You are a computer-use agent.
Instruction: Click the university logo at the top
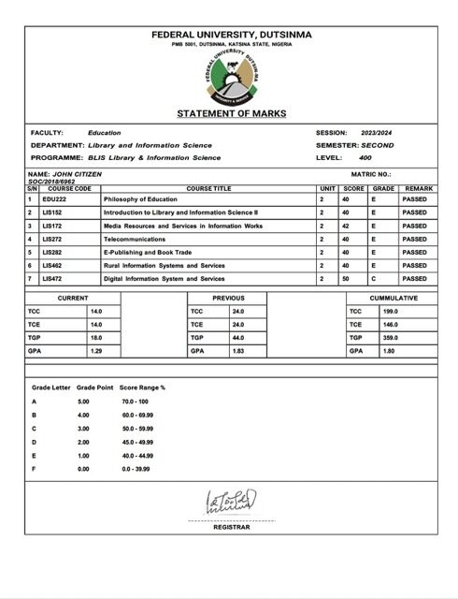click(230, 79)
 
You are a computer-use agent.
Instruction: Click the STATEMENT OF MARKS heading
click(229, 113)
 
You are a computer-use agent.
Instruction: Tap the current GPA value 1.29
click(96, 351)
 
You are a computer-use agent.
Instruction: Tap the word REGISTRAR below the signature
click(228, 528)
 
